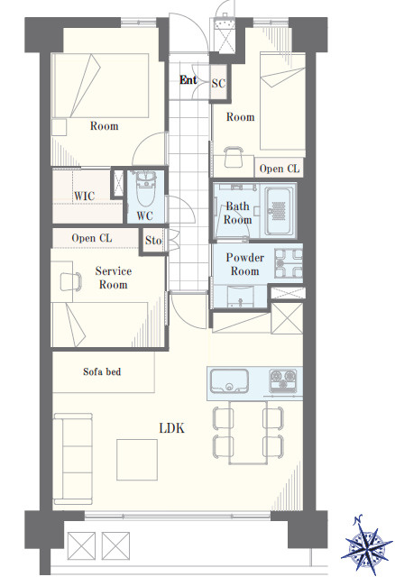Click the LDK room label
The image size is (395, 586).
(172, 428)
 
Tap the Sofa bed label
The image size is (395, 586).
(102, 371)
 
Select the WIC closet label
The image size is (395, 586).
(84, 196)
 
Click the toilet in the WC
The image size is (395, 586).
(144, 189)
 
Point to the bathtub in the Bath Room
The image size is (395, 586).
(279, 211)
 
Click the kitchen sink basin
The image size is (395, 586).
(229, 380)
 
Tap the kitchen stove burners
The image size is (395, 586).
(283, 380)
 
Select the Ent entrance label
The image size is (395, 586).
(188, 80)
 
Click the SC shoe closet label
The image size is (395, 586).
(218, 83)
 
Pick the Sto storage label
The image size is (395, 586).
(153, 241)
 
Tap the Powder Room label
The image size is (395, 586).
(244, 264)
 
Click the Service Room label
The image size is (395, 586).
(114, 278)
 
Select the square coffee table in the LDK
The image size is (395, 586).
(137, 460)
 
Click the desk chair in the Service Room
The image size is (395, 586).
(70, 281)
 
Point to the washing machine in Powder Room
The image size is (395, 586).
(289, 263)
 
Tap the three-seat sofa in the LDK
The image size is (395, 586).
(73, 459)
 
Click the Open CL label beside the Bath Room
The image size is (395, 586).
(280, 169)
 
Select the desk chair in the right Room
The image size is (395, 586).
(234, 158)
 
